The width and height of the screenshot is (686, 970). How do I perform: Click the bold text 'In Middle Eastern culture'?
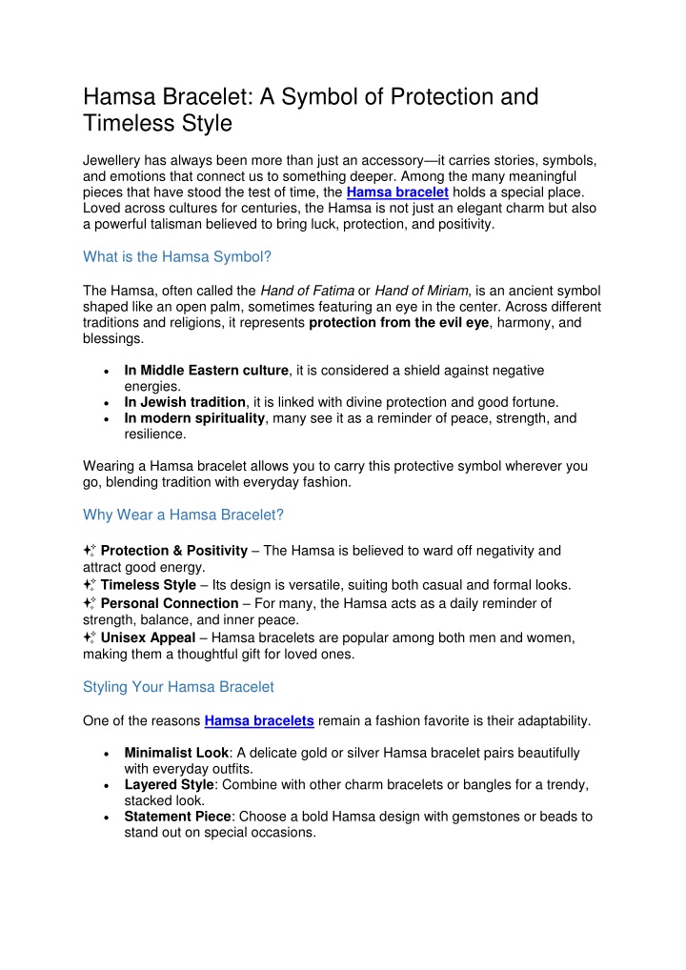pyautogui.click(x=207, y=370)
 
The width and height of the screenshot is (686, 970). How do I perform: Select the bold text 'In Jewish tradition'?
pyautogui.click(x=185, y=401)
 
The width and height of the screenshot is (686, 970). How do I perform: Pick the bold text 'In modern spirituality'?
pyautogui.click(x=196, y=417)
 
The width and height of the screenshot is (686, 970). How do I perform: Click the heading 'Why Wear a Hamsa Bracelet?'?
pyautogui.click(x=184, y=515)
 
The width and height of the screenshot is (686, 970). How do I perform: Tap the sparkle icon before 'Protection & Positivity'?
pyautogui.click(x=90, y=551)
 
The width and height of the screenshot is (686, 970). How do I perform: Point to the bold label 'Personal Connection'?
pyautogui.click(x=170, y=603)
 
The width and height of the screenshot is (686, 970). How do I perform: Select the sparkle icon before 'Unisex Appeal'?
pyautogui.click(x=90, y=637)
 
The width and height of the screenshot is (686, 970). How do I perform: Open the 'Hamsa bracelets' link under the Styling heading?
pyautogui.click(x=259, y=721)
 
